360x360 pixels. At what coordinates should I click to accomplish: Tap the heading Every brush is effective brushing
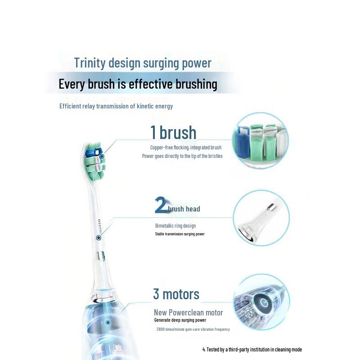click(138, 84)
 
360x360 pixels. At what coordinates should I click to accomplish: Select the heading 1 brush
click(173, 133)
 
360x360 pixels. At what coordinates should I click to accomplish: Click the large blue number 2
click(161, 205)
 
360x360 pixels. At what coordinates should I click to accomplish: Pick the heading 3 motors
click(176, 294)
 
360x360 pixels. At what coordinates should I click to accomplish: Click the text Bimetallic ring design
click(175, 226)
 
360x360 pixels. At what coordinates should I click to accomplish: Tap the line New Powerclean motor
click(189, 312)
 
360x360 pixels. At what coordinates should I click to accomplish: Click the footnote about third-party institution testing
click(252, 349)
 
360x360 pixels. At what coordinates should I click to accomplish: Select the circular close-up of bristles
click(260, 141)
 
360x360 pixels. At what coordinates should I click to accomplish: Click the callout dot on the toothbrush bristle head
click(102, 156)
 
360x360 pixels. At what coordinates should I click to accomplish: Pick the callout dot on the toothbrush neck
click(98, 237)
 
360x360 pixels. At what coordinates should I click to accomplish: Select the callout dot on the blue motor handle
click(108, 322)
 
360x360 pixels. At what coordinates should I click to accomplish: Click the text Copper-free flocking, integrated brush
click(186, 148)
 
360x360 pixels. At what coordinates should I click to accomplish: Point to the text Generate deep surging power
click(180, 320)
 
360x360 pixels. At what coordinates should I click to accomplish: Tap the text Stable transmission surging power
click(180, 234)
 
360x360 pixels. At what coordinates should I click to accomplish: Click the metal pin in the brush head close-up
click(272, 207)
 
